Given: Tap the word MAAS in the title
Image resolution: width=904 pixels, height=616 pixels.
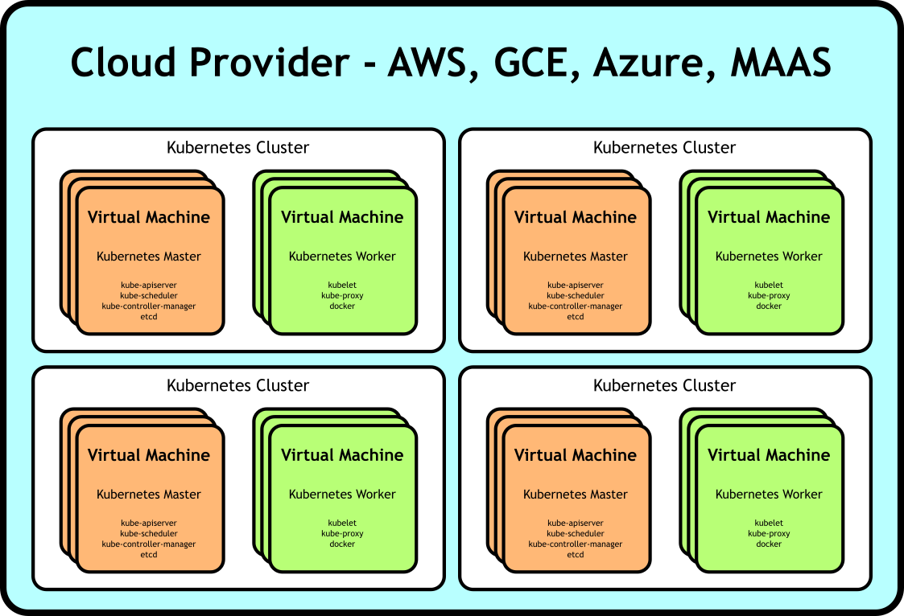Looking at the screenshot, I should (x=780, y=63).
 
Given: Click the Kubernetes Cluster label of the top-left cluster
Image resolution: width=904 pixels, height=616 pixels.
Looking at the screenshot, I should (x=237, y=148).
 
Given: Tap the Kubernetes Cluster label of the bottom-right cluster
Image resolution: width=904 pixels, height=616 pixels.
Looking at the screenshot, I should (x=664, y=386).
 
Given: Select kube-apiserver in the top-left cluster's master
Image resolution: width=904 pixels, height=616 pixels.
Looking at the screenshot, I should (x=149, y=285).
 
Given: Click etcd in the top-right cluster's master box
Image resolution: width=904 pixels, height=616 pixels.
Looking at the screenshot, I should (x=576, y=317).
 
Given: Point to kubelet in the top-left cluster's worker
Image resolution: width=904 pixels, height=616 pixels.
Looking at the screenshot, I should (x=342, y=285).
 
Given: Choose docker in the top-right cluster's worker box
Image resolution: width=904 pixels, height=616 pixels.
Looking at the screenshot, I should (x=769, y=306).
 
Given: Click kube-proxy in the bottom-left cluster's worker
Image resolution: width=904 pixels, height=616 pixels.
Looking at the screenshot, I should (x=342, y=534).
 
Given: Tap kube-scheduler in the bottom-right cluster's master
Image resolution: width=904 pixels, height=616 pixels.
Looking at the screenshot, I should (x=576, y=534).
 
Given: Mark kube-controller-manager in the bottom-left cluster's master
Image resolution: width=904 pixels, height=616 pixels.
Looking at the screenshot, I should (x=149, y=544).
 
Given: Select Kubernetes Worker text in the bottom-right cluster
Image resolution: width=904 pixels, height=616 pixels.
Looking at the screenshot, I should (x=769, y=495).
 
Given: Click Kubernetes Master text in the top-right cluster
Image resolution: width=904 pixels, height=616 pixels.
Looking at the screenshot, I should (x=576, y=257).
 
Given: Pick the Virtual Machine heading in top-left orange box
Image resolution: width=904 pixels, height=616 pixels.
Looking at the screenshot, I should (x=149, y=217).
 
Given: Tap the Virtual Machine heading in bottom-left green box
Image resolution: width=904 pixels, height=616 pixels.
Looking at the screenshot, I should (x=342, y=455).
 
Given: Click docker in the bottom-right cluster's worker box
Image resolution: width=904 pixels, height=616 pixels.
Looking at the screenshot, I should (x=769, y=544).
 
